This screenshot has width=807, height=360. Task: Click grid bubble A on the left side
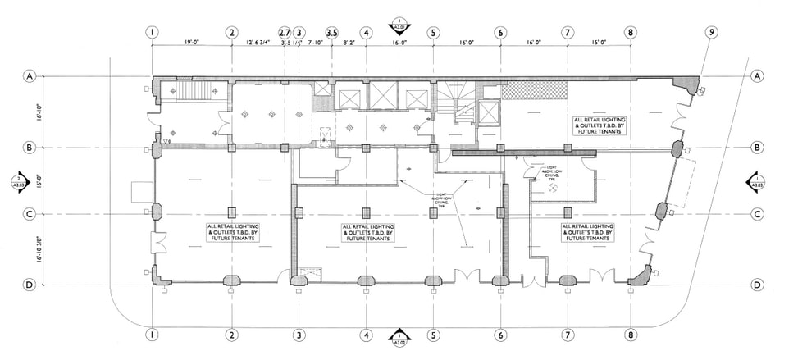pyautogui.click(x=28, y=76)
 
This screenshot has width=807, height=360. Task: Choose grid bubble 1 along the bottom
pyautogui.click(x=152, y=335)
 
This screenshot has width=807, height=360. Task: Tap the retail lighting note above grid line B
pyautogui.click(x=601, y=125)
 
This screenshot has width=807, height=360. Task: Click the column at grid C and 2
pyautogui.click(x=232, y=213)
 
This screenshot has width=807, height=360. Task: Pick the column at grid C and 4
pyautogui.click(x=366, y=213)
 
